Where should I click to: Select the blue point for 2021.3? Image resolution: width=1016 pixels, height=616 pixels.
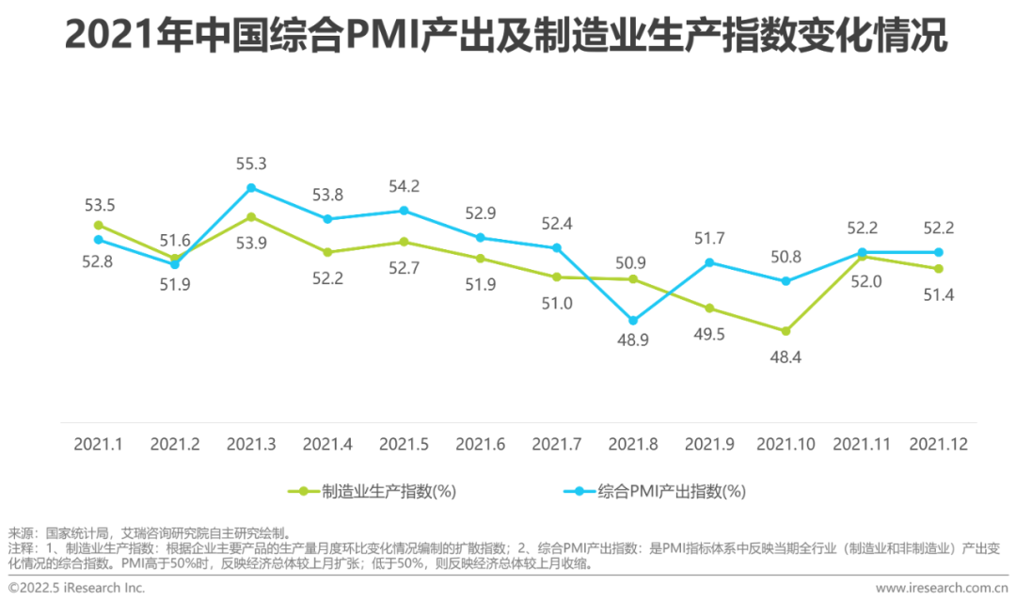click(x=251, y=188)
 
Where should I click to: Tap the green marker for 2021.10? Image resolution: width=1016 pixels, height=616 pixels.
click(x=786, y=331)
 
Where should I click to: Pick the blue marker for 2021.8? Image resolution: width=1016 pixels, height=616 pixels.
click(x=633, y=321)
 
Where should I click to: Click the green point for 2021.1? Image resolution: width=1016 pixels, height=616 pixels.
click(x=98, y=225)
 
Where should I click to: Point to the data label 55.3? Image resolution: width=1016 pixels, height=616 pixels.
click(x=251, y=164)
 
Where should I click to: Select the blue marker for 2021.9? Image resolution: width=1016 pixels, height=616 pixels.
click(x=709, y=262)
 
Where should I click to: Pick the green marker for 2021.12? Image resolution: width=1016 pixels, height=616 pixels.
click(x=938, y=269)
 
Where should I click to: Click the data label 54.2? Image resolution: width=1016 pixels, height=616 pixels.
click(x=404, y=185)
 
